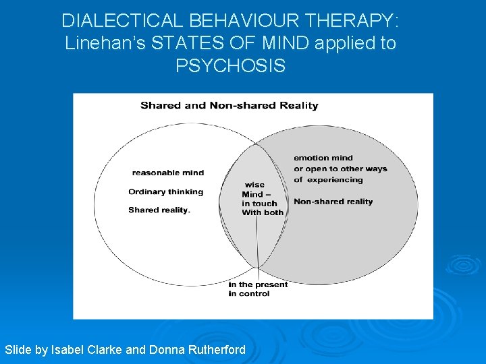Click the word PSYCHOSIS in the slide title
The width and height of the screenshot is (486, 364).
tap(230, 66)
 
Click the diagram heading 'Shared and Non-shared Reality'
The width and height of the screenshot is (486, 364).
tap(229, 105)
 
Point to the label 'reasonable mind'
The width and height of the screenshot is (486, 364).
tap(167, 173)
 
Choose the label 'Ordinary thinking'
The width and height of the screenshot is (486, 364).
tap(165, 191)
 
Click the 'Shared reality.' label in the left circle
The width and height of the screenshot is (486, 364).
tap(159, 210)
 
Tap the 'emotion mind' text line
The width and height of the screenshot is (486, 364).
tap(323, 158)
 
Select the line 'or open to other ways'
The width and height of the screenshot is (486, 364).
tap(340, 169)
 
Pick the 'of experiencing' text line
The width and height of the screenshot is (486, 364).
tap(328, 180)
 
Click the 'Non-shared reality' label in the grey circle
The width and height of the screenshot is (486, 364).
tap(333, 202)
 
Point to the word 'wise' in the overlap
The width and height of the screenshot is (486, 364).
tap(254, 185)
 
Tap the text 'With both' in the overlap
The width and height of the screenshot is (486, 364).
tap(263, 212)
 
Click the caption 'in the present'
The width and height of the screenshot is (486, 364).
tap(258, 284)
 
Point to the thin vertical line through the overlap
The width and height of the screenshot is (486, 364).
tap(257, 243)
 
